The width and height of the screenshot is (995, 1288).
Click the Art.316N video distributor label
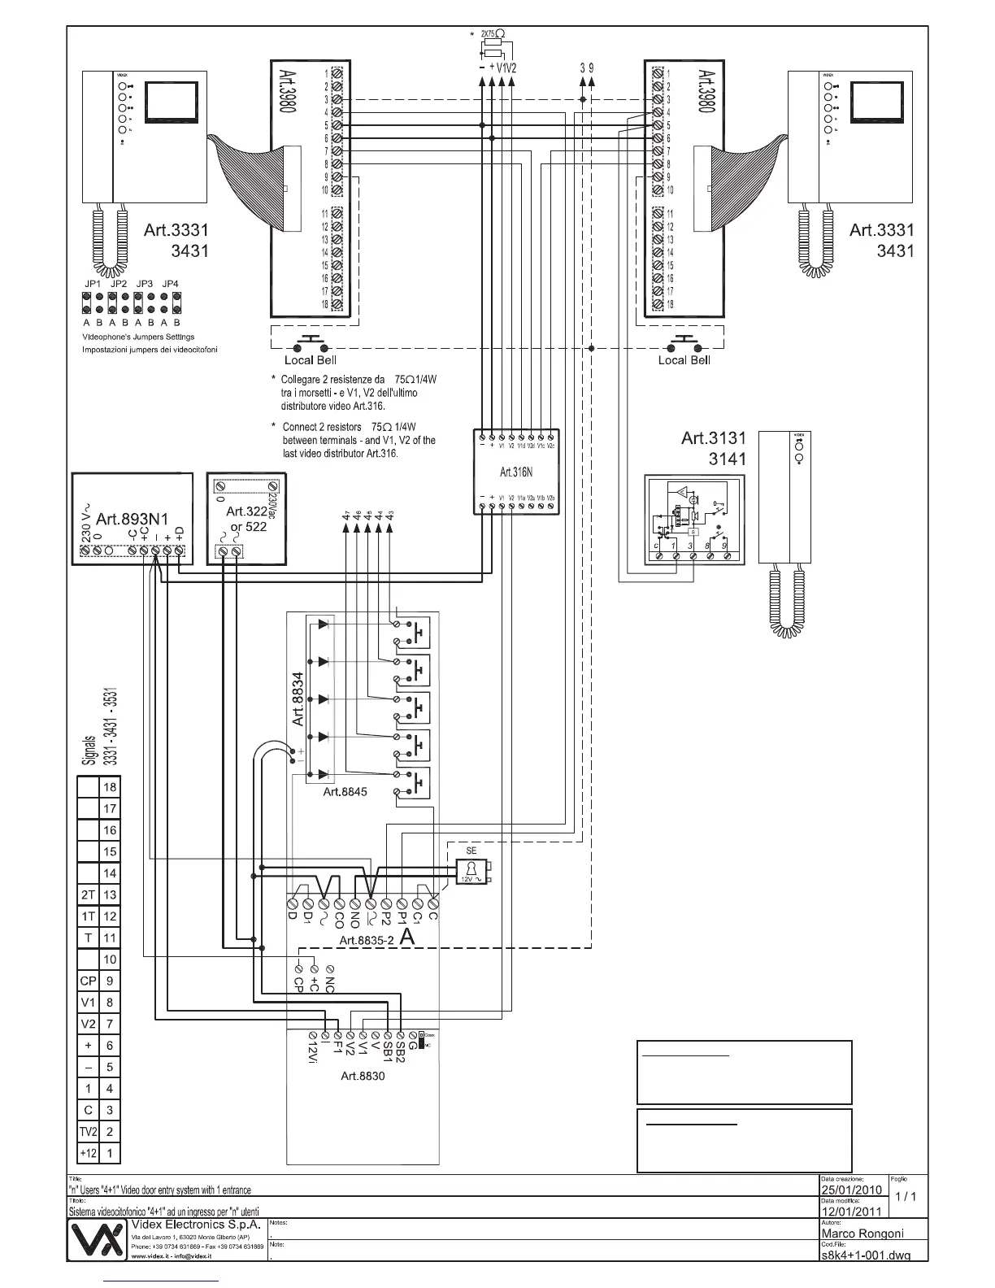pos(515,471)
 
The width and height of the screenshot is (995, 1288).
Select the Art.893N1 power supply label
pos(130,518)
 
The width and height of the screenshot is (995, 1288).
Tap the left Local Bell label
pos(310,360)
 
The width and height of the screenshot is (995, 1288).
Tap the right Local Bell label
pos(684,360)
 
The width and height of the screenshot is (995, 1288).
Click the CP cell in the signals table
pos(88,981)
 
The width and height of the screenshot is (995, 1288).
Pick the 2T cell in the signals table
pos(88,894)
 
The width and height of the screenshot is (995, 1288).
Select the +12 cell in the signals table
pos(88,1153)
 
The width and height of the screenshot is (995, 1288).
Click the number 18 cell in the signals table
pos(110,787)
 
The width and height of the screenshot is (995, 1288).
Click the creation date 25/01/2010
pos(851,1190)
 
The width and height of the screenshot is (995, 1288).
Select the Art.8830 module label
pos(363,1076)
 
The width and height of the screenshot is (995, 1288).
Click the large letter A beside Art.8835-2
pos(407,937)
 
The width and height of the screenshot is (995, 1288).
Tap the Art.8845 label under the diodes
pos(345,791)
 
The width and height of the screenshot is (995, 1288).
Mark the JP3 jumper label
pos(145,284)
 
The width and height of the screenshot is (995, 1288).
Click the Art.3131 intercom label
pos(713,438)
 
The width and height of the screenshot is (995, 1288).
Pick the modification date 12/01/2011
pos(851,1212)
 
